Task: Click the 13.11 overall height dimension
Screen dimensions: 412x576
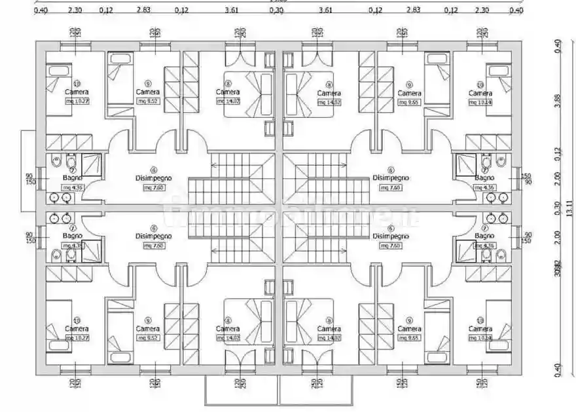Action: pyautogui.click(x=569, y=208)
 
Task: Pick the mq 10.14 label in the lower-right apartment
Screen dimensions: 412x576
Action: pyautogui.click(x=480, y=338)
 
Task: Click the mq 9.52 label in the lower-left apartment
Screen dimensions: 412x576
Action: pyautogui.click(x=148, y=338)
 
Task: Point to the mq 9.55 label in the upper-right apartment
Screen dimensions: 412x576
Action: pyautogui.click(x=409, y=103)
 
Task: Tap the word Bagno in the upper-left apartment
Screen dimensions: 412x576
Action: pyautogui.click(x=72, y=178)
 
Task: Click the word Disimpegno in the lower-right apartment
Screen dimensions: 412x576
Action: pyautogui.click(x=391, y=236)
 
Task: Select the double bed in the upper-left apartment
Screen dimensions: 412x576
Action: pyautogui.click(x=247, y=95)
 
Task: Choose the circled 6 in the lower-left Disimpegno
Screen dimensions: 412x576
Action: pyautogui.click(x=153, y=227)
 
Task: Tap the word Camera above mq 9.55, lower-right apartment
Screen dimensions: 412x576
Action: pyautogui.click(x=409, y=329)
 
